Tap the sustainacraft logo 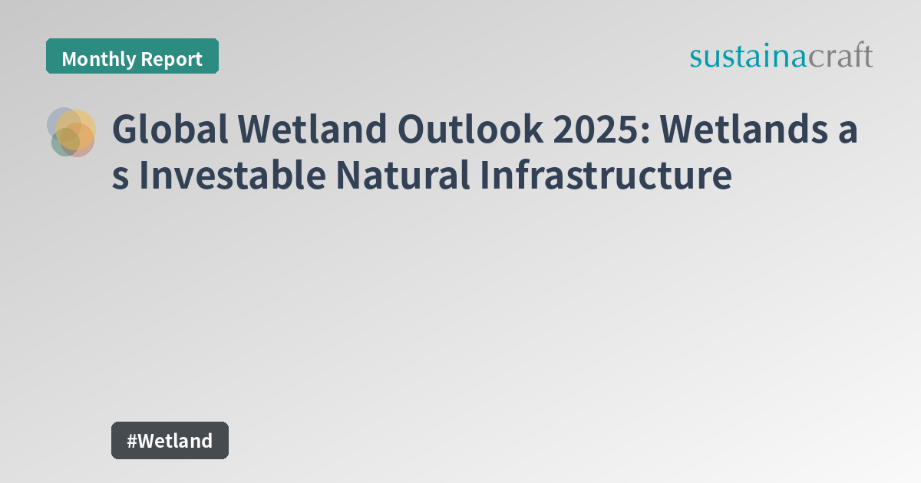tap(781, 57)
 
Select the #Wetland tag tap(170, 440)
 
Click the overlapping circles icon tap(71, 132)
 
